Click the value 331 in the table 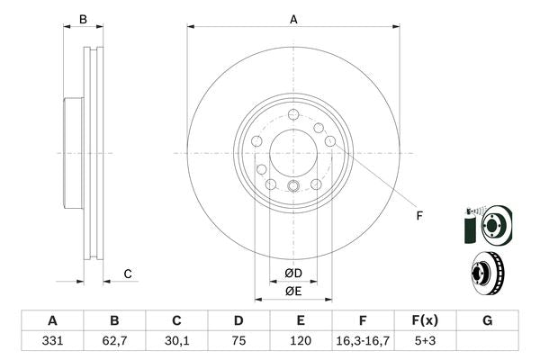point(52,343)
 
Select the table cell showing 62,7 point(114,343)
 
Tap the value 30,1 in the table point(176,343)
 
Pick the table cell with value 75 point(238,343)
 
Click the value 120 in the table point(301,343)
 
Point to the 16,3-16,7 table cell point(363,343)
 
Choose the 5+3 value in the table point(425,343)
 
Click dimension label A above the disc point(293,18)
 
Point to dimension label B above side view point(83,19)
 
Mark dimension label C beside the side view point(128,274)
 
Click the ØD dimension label point(293,273)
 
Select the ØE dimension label point(293,291)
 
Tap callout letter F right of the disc point(418,214)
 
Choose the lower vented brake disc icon point(487,271)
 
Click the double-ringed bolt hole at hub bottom point(293,186)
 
